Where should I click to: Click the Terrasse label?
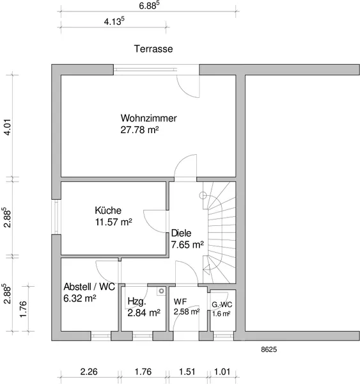[153, 49]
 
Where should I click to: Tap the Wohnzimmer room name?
[148, 118]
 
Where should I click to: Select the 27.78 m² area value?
[139, 130]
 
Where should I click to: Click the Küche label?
[108, 211]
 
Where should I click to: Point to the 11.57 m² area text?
[114, 222]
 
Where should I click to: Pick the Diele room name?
[181, 233]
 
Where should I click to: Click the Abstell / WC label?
[89, 287]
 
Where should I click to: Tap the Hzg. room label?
[137, 301]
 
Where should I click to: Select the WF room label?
[180, 301]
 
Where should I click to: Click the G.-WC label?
[222, 305]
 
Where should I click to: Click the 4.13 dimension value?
[114, 21]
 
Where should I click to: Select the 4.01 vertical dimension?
[8, 127]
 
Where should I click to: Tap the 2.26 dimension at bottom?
[89, 372]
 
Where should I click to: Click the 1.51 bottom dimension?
[187, 372]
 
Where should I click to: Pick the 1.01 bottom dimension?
[223, 372]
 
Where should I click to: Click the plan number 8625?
[269, 349]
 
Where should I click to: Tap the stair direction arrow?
[207, 269]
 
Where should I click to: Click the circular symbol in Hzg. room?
[161, 291]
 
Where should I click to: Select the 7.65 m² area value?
[187, 244]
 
